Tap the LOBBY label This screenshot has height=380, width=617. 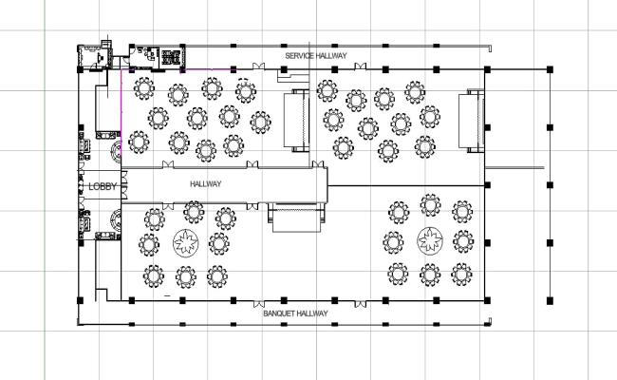102,187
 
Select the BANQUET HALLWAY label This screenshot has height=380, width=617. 295,313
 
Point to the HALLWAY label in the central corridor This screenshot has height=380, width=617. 205,184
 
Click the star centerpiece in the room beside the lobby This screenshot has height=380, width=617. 186,244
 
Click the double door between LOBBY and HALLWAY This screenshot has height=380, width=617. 121,186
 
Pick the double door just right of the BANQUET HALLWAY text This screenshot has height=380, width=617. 358,302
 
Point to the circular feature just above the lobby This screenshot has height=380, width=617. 115,150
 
